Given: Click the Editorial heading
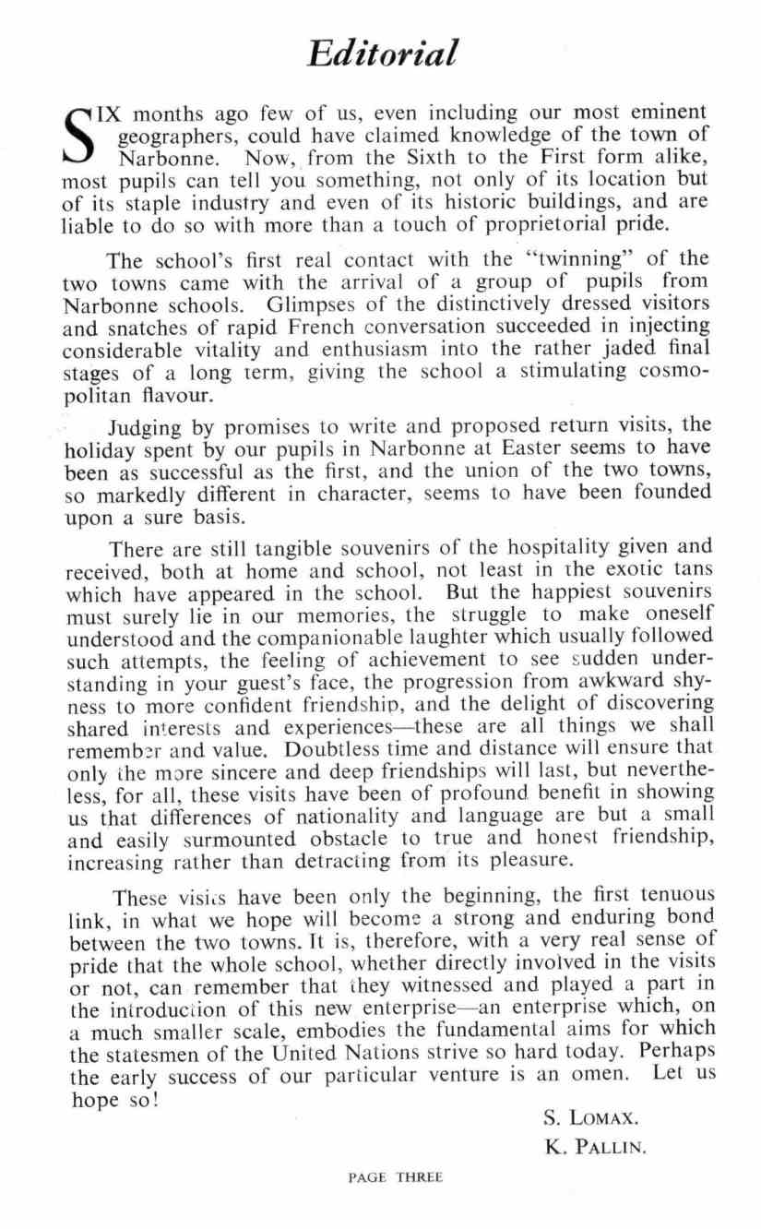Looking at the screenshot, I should point(381,54).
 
